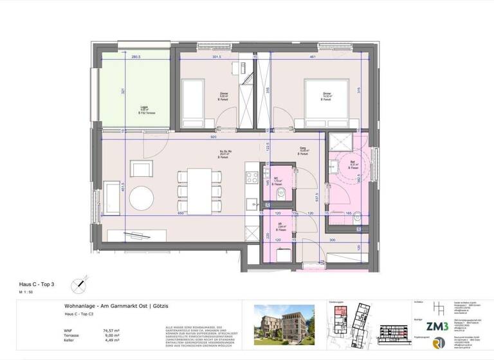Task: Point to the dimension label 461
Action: [312, 57]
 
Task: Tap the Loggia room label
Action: [145, 108]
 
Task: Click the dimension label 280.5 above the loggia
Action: [136, 57]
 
